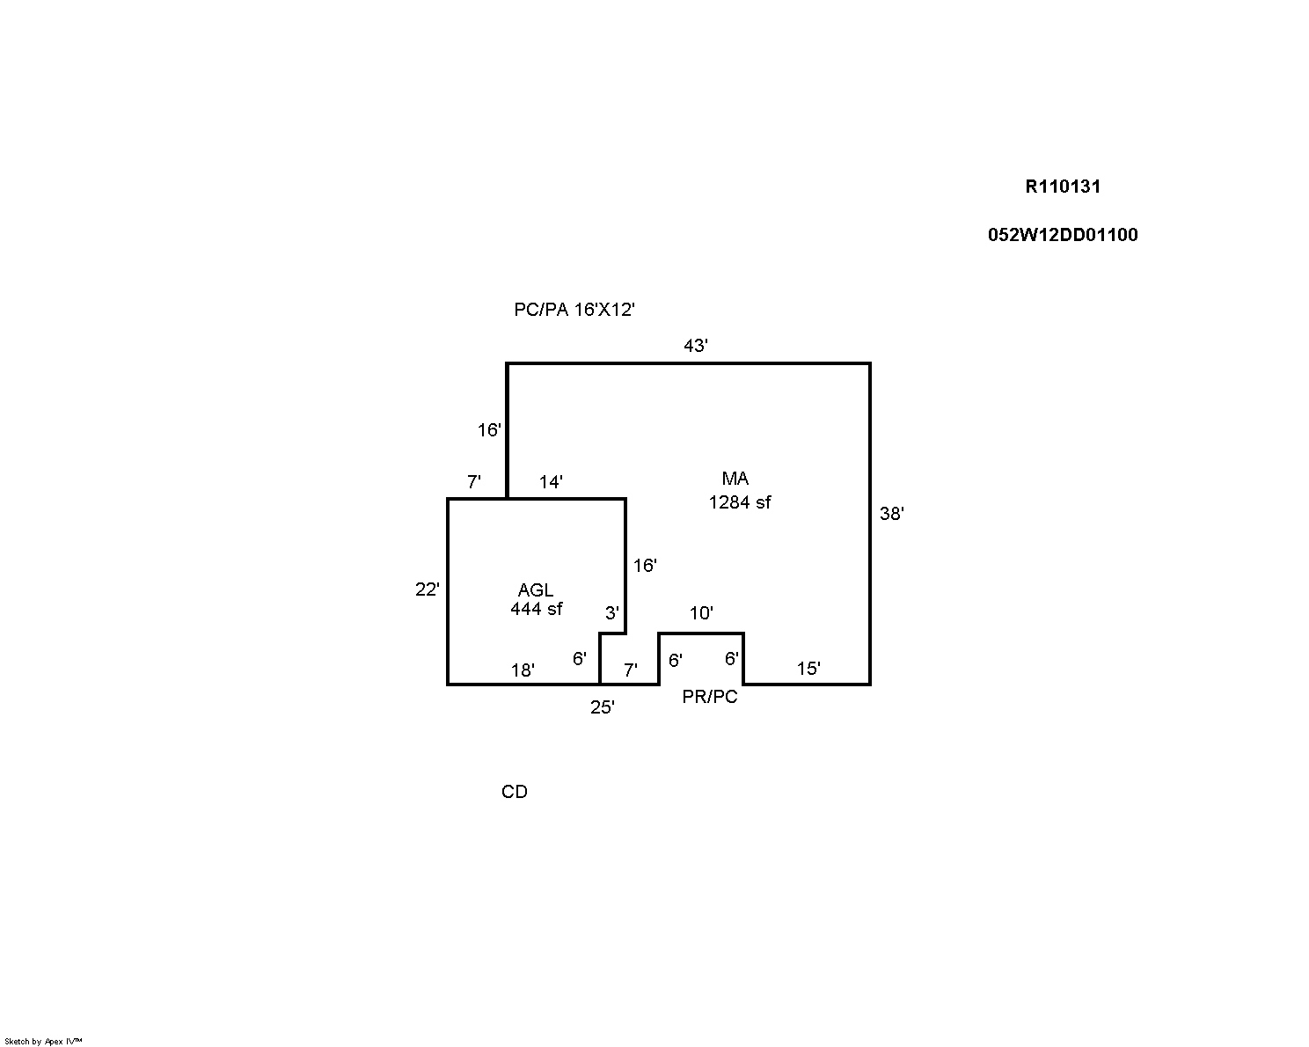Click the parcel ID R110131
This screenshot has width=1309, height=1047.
tap(1063, 187)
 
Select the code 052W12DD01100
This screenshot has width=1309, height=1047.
tap(1063, 235)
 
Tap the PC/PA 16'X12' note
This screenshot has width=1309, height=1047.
tap(574, 310)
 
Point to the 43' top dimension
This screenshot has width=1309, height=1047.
tap(695, 346)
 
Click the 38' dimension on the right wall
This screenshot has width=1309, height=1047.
tap(892, 514)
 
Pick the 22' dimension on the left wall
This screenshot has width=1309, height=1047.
tap(427, 589)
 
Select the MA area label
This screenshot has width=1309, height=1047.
tap(735, 478)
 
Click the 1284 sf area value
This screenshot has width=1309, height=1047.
tap(740, 502)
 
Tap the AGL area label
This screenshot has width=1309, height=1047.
tap(535, 589)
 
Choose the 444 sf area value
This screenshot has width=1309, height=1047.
tap(536, 608)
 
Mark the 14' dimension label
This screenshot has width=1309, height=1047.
tap(551, 482)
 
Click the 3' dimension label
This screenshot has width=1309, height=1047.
tap(612, 612)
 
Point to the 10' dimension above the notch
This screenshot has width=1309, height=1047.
tap(701, 612)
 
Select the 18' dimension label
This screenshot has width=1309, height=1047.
tap(523, 670)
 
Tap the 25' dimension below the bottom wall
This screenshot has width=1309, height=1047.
tap(603, 707)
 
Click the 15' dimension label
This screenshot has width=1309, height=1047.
tap(808, 669)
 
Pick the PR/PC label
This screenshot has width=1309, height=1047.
tap(709, 697)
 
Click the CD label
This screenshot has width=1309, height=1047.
tap(514, 792)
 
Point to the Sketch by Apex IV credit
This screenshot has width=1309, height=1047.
tap(43, 1042)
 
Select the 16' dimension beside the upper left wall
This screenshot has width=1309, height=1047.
tap(489, 430)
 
